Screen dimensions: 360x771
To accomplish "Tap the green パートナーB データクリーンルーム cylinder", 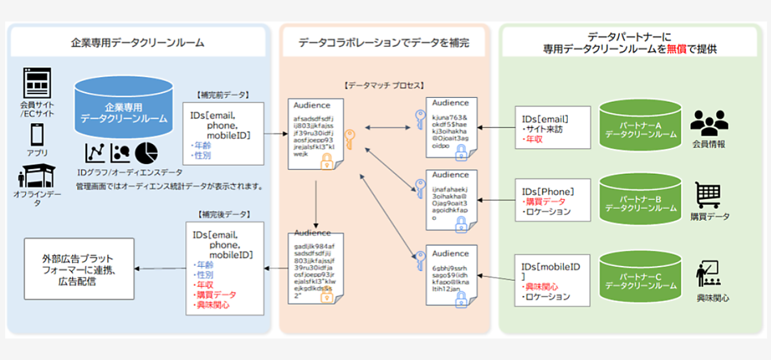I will tap(641, 198).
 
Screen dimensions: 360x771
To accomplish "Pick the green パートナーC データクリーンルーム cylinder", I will tap(641, 276).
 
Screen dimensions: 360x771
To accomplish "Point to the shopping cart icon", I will tap(708, 194).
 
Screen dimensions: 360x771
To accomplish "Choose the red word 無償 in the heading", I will tap(674, 49).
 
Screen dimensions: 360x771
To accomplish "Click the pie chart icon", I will tap(146, 154).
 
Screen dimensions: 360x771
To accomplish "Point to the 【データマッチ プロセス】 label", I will tap(384, 85).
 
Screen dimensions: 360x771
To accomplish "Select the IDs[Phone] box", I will tap(552, 200).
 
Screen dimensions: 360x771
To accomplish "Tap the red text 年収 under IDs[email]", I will tap(535, 139).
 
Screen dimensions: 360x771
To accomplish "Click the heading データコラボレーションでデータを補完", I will tap(384, 43).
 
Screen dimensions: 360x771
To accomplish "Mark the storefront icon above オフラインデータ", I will tap(36, 176).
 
